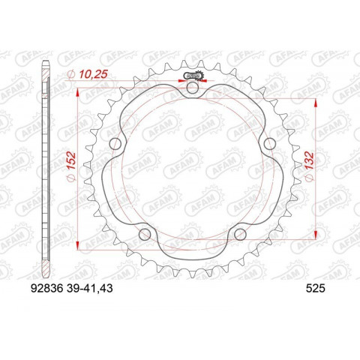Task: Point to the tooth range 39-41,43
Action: click(91, 286)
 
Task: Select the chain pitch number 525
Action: click(316, 286)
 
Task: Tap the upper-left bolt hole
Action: click(115, 145)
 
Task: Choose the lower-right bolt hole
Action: click(240, 235)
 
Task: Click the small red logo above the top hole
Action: click(193, 76)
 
